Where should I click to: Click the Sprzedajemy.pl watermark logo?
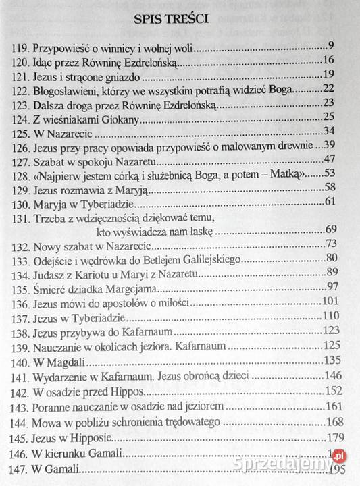click(x=316, y=463)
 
